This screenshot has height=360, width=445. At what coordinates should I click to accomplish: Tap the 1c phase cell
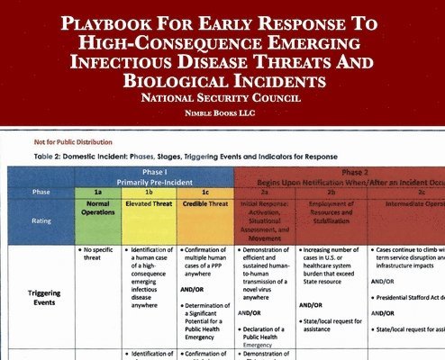click(205, 192)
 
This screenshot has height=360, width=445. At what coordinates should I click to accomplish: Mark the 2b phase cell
click(331, 192)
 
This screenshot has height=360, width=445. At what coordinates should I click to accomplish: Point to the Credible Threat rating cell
click(205, 204)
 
